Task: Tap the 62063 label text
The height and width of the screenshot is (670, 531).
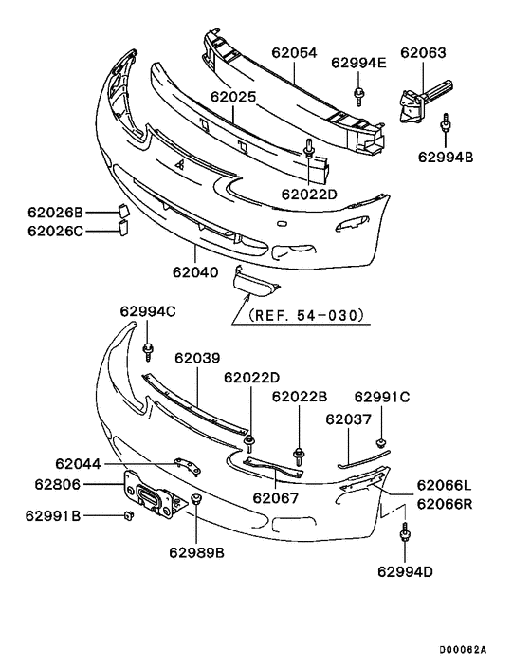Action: pyautogui.click(x=423, y=53)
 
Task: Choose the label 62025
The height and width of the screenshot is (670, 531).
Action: pyautogui.click(x=234, y=97)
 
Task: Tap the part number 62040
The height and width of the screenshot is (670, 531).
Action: pyautogui.click(x=195, y=272)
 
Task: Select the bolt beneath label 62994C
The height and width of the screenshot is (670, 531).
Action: pyautogui.click(x=149, y=353)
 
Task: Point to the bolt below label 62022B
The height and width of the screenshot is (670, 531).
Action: pyautogui.click(x=300, y=455)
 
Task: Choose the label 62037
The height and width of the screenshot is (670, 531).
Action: pyautogui.click(x=349, y=419)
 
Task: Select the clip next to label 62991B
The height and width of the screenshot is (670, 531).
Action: pyautogui.click(x=125, y=516)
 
